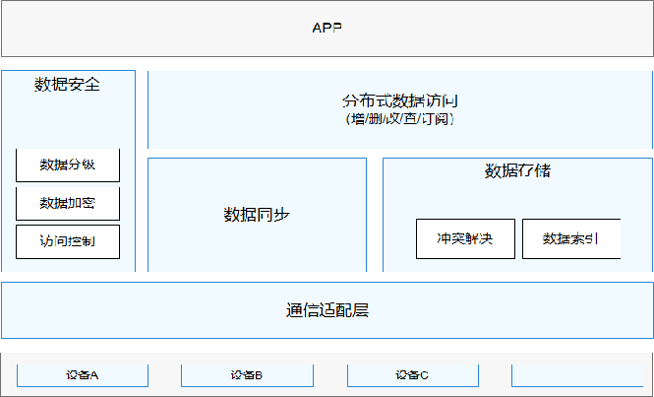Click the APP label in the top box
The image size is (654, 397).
(x=327, y=28)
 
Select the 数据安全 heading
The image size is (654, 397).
(x=67, y=85)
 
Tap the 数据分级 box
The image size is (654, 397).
(x=68, y=165)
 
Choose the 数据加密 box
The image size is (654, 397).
(x=68, y=203)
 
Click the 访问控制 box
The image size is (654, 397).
(x=68, y=240)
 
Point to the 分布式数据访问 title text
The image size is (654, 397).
(x=399, y=101)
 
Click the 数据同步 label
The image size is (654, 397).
(x=257, y=214)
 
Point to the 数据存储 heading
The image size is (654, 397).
(x=517, y=171)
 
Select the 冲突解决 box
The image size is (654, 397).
(x=464, y=238)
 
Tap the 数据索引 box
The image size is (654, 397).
(x=570, y=238)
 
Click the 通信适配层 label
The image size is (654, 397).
(x=327, y=310)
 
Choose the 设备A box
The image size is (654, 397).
(x=83, y=374)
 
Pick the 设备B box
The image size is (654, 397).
(x=247, y=374)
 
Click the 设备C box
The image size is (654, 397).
(x=412, y=374)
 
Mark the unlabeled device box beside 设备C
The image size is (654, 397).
(x=576, y=374)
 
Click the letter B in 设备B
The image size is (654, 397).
(x=259, y=374)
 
